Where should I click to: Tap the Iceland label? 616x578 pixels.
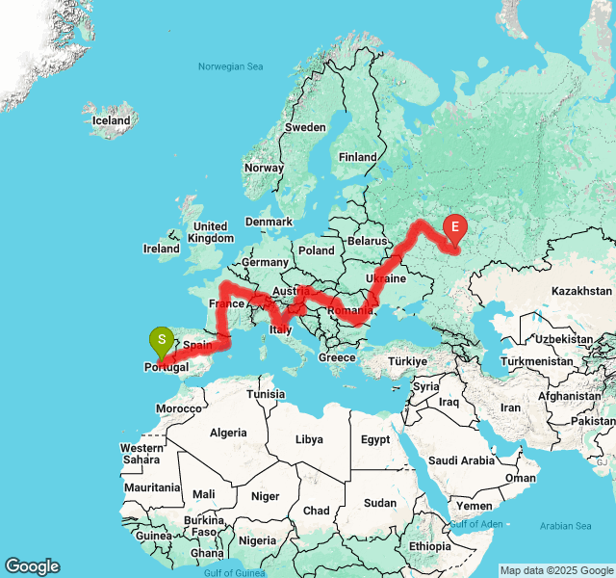point(111,121)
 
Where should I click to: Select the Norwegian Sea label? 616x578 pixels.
point(230,66)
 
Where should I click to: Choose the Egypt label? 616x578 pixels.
point(374,439)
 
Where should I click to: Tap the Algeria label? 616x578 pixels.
point(229,433)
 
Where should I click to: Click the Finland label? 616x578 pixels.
point(357,157)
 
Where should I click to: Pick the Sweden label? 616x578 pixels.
point(306,127)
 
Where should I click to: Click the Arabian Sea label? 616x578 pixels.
point(565,526)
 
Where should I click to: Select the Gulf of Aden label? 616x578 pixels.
point(475,523)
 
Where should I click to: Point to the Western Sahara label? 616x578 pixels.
point(141,454)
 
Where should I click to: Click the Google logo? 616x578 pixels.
point(32,566)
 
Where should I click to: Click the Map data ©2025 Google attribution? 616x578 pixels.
point(556,570)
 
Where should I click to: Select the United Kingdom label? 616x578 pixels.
point(210,232)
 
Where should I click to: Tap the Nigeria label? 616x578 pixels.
point(257,540)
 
